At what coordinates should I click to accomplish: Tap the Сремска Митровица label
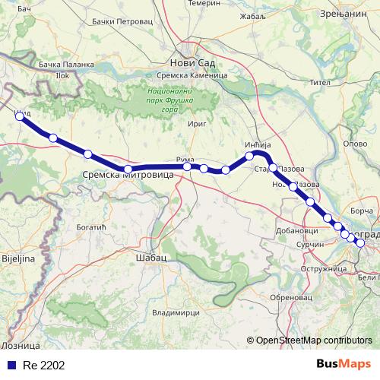[x=128, y=176]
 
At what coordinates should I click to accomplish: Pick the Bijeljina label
[x=17, y=259]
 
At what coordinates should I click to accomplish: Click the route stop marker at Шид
[x=20, y=117]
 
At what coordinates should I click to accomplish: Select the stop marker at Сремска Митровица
[x=128, y=169]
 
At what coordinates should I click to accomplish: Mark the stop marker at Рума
[x=187, y=166]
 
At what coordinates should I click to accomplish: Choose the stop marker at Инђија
[x=249, y=156]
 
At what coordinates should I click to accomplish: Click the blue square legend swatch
[x=9, y=365]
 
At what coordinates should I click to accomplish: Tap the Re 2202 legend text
[x=43, y=365]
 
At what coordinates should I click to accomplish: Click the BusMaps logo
[x=344, y=364]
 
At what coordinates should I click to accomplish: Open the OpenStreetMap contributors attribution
[x=314, y=340]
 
